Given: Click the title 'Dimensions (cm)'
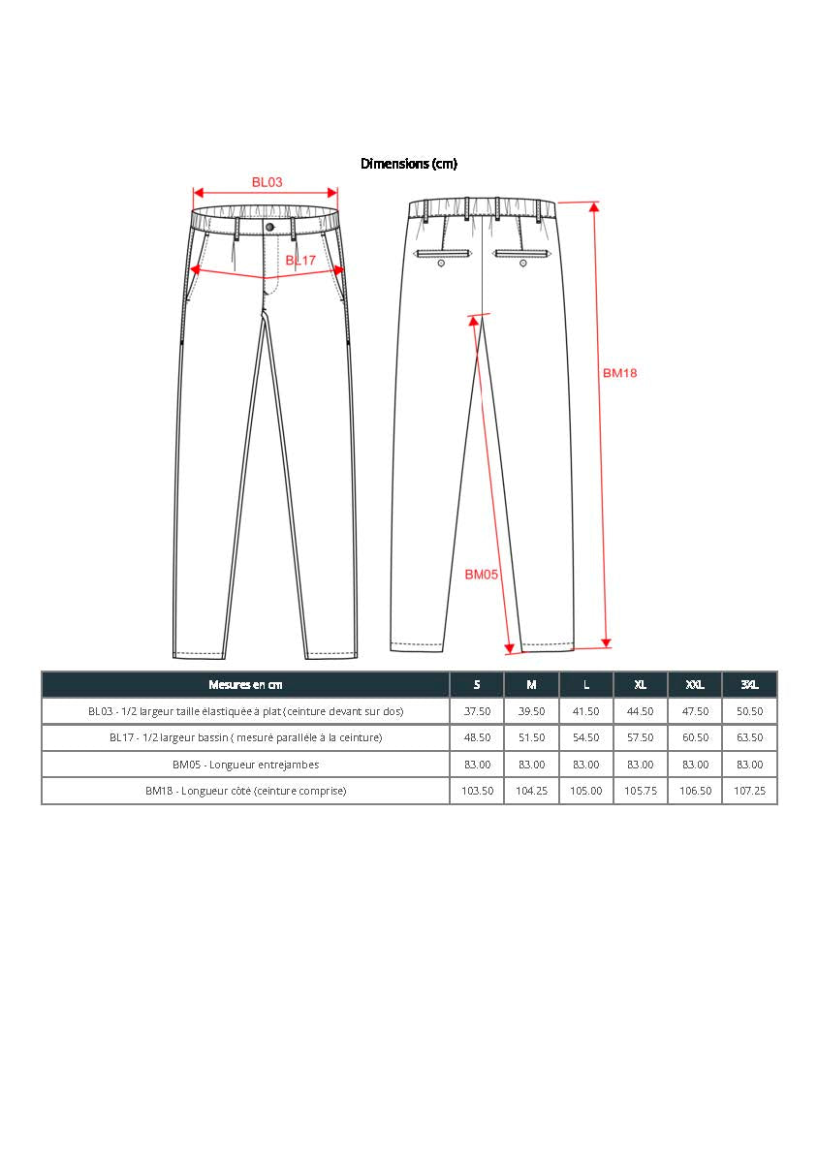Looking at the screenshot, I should point(408,164).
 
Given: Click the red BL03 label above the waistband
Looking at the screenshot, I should point(267,182).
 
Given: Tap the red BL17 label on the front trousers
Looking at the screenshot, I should point(300,261).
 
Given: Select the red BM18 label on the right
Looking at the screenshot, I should point(619,373).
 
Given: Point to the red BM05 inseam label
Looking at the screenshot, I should point(481,575).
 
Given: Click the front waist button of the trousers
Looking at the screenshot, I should point(269,227).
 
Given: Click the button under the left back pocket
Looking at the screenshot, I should point(442,263).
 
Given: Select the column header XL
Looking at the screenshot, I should point(640,685).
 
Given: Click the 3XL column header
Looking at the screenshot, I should point(749,685).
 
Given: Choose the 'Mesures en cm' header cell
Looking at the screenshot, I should point(245,685).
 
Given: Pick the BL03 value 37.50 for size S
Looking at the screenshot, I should point(477,711).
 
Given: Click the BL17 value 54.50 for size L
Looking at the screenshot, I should point(585,737).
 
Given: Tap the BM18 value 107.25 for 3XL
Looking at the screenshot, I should point(749,791).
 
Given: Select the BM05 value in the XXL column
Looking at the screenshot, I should point(695,765).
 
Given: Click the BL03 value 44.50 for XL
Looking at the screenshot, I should point(640,711).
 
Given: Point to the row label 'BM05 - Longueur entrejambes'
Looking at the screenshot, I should point(245,765).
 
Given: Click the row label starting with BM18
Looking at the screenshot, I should point(245,791).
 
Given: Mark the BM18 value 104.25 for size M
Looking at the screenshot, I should point(531,791).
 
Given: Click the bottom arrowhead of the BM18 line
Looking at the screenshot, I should point(607,642).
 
